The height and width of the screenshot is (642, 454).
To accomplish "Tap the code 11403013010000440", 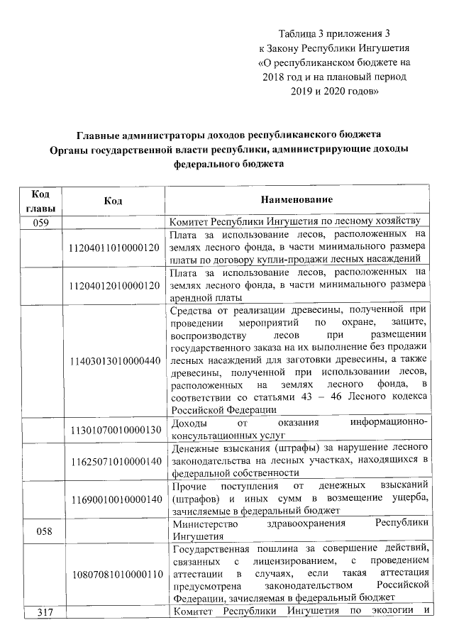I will (113, 361).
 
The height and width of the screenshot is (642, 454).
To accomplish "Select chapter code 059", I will (44, 221).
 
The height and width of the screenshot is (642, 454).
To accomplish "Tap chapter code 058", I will (44, 529).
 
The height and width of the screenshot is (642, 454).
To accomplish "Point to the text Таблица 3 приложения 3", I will (335, 33).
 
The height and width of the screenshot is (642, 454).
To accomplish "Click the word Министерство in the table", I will (206, 523).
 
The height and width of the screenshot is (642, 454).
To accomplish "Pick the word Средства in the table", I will (194, 310).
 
